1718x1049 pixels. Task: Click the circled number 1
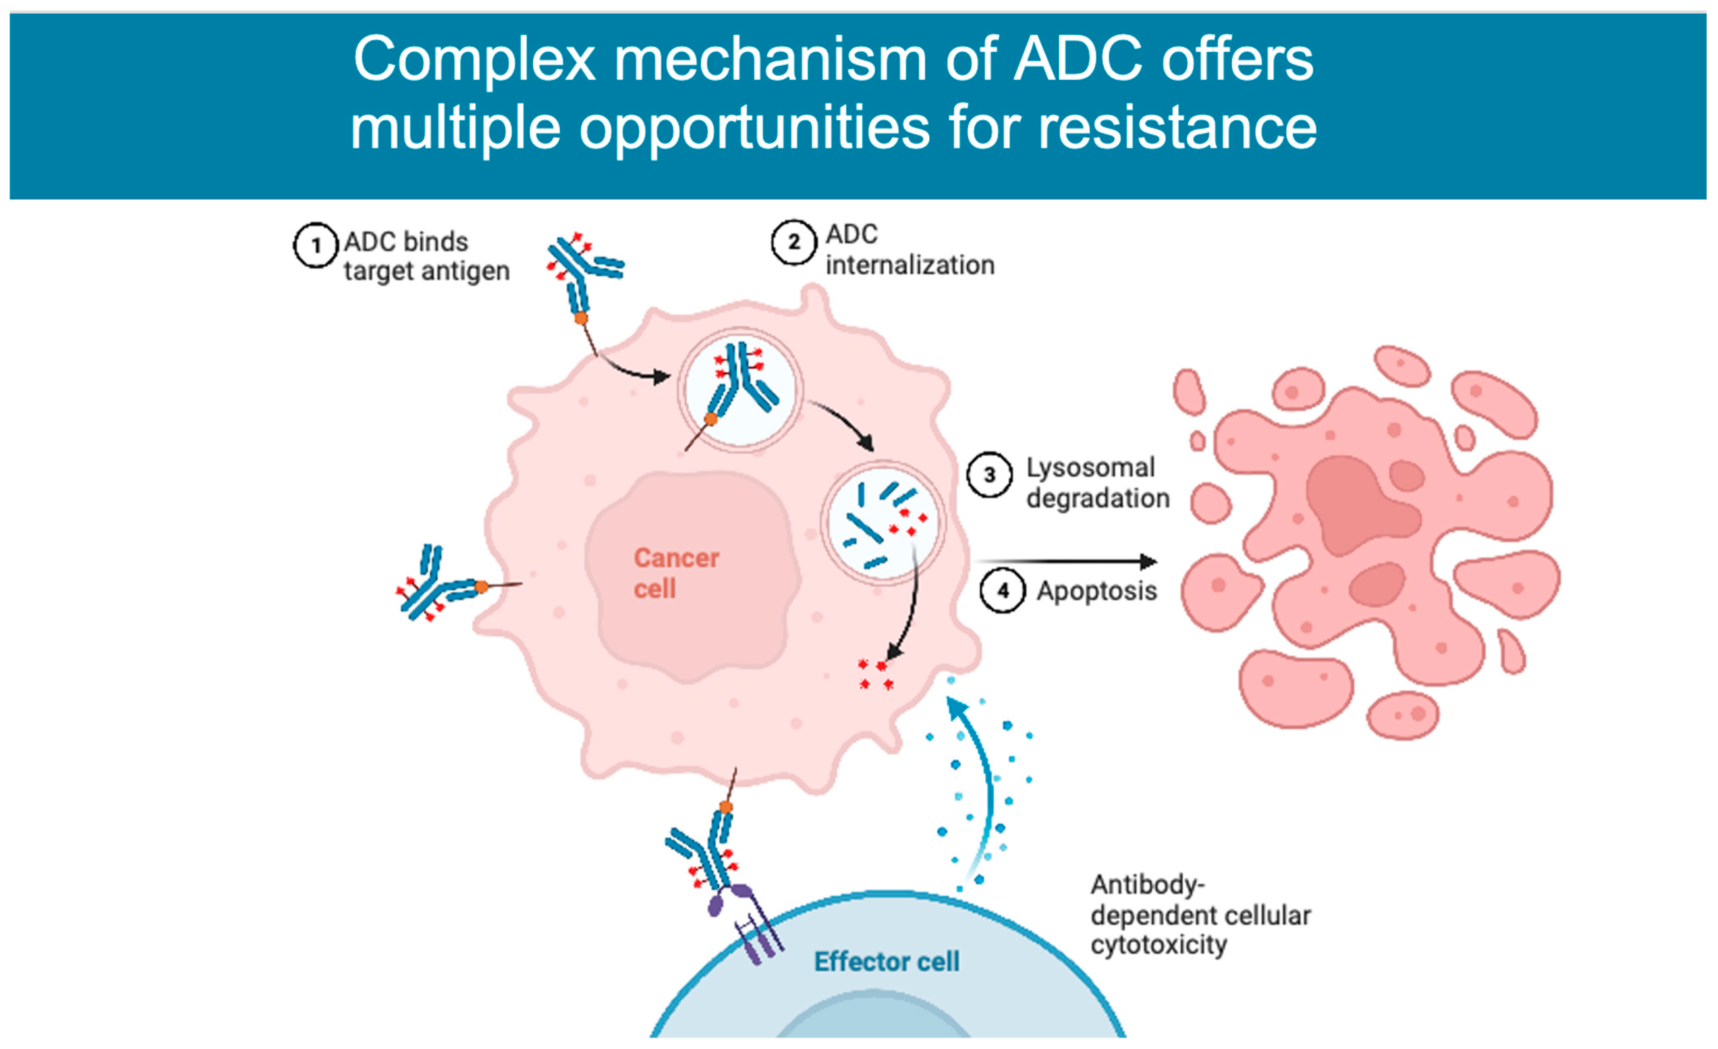click(316, 246)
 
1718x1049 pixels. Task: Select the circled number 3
click(989, 475)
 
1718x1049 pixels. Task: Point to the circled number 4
click(1002, 591)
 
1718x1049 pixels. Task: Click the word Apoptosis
click(1097, 591)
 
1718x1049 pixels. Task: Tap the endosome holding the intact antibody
click(740, 389)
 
